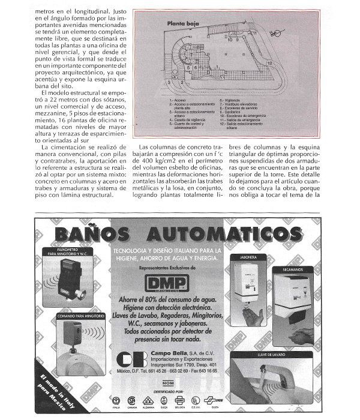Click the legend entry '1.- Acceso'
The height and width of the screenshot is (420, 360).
click(x=177, y=100)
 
